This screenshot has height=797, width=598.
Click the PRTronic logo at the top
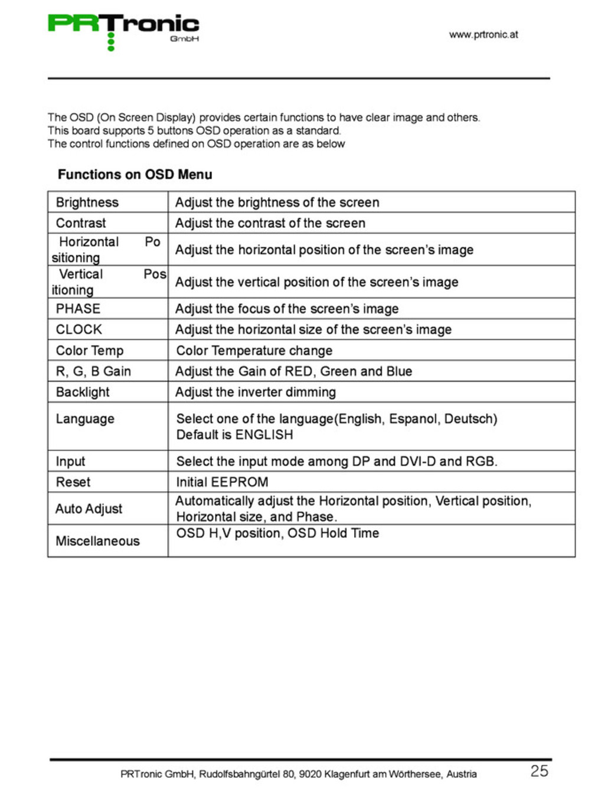pyautogui.click(x=123, y=30)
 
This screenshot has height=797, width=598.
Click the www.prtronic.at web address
pyautogui.click(x=483, y=34)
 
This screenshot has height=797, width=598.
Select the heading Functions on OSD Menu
pyautogui.click(x=135, y=174)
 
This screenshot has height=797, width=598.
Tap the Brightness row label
pyautogui.click(x=87, y=202)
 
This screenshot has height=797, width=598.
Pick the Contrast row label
pyautogui.click(x=81, y=223)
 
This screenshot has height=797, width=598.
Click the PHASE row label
pyautogui.click(x=78, y=308)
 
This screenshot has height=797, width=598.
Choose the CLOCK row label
pyautogui.click(x=79, y=329)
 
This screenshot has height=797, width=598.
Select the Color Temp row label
pyautogui.click(x=90, y=350)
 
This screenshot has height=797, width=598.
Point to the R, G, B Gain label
pyautogui.click(x=93, y=371)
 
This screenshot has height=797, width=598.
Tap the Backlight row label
pyautogui.click(x=83, y=391)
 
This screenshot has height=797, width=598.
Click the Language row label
pyautogui.click(x=85, y=419)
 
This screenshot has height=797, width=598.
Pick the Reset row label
pyautogui.click(x=73, y=482)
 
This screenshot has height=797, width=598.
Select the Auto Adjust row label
pyautogui.click(x=89, y=508)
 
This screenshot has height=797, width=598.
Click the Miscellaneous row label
pyautogui.click(x=97, y=541)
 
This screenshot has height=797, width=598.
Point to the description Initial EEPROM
pyautogui.click(x=222, y=482)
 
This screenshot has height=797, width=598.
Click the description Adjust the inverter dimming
pyautogui.click(x=256, y=391)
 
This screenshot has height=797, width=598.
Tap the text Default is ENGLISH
pyautogui.click(x=234, y=435)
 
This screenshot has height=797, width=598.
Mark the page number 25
pyautogui.click(x=539, y=770)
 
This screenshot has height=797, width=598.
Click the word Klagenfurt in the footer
pyautogui.click(x=347, y=774)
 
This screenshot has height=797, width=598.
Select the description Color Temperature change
pyautogui.click(x=254, y=350)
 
